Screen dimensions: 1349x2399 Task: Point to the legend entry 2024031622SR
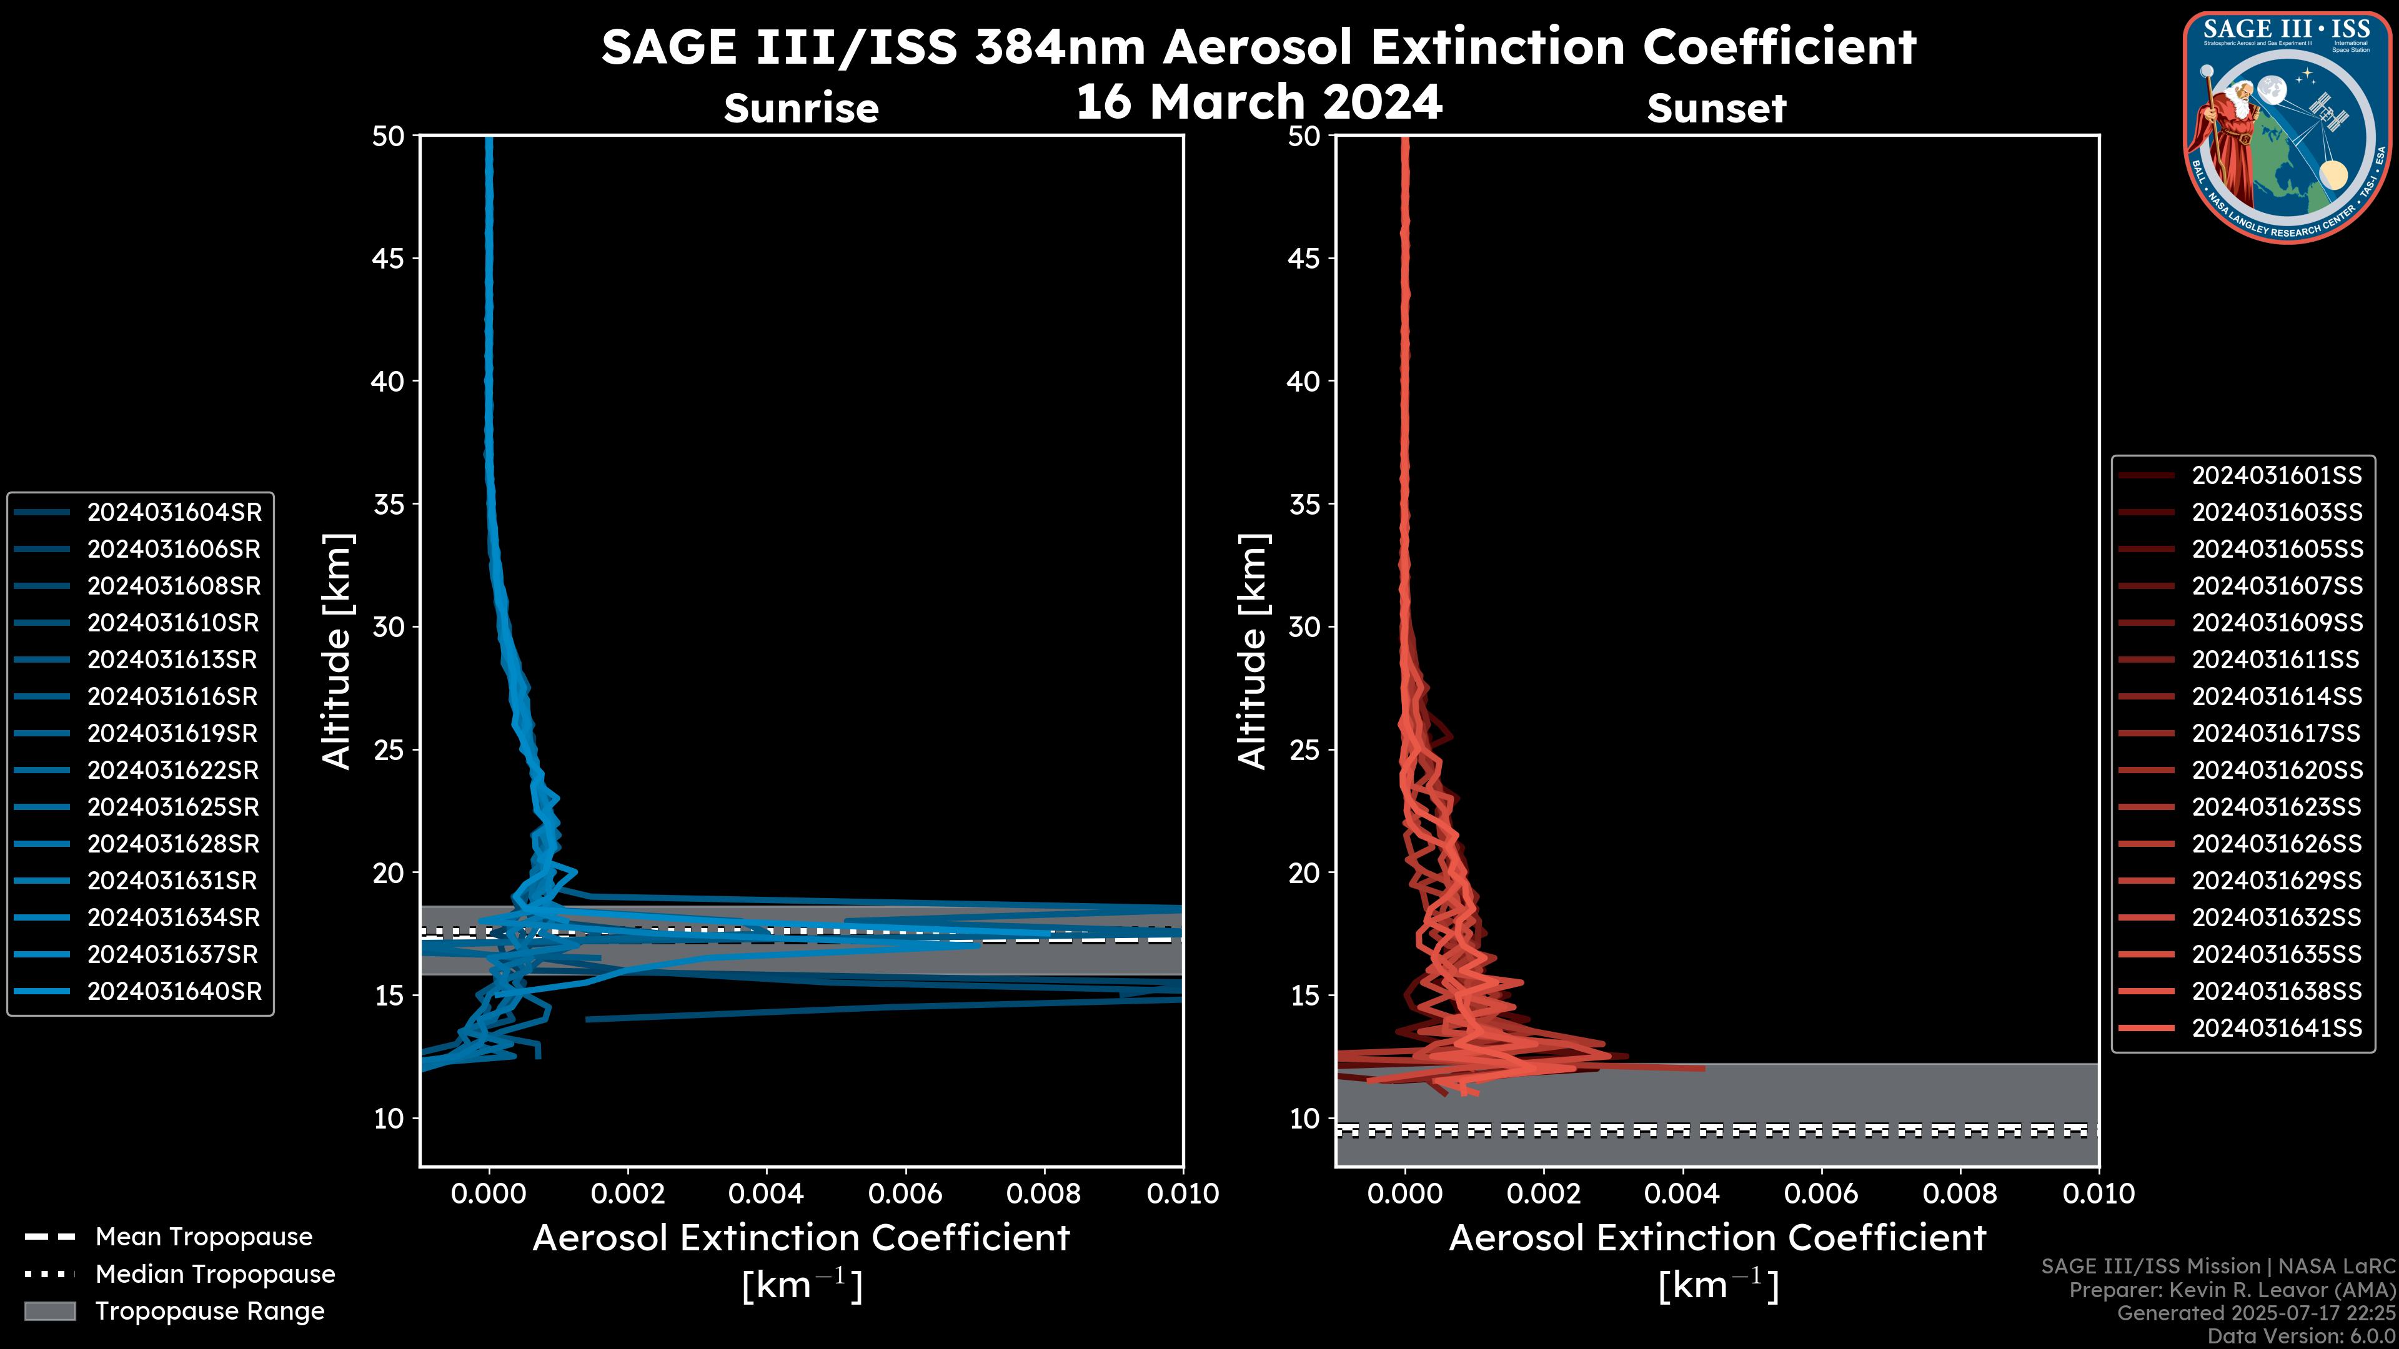coord(173,770)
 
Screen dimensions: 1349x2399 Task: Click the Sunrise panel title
coord(801,109)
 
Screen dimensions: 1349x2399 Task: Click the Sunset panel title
coord(1716,109)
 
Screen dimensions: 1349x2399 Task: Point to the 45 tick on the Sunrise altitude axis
coord(387,259)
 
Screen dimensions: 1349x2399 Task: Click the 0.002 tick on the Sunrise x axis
coord(628,1193)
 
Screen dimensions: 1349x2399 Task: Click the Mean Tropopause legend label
coord(204,1237)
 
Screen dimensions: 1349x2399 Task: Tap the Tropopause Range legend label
coord(209,1311)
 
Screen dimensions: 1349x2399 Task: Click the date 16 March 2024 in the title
coord(1259,101)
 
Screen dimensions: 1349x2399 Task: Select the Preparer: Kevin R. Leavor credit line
coord(2232,1290)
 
